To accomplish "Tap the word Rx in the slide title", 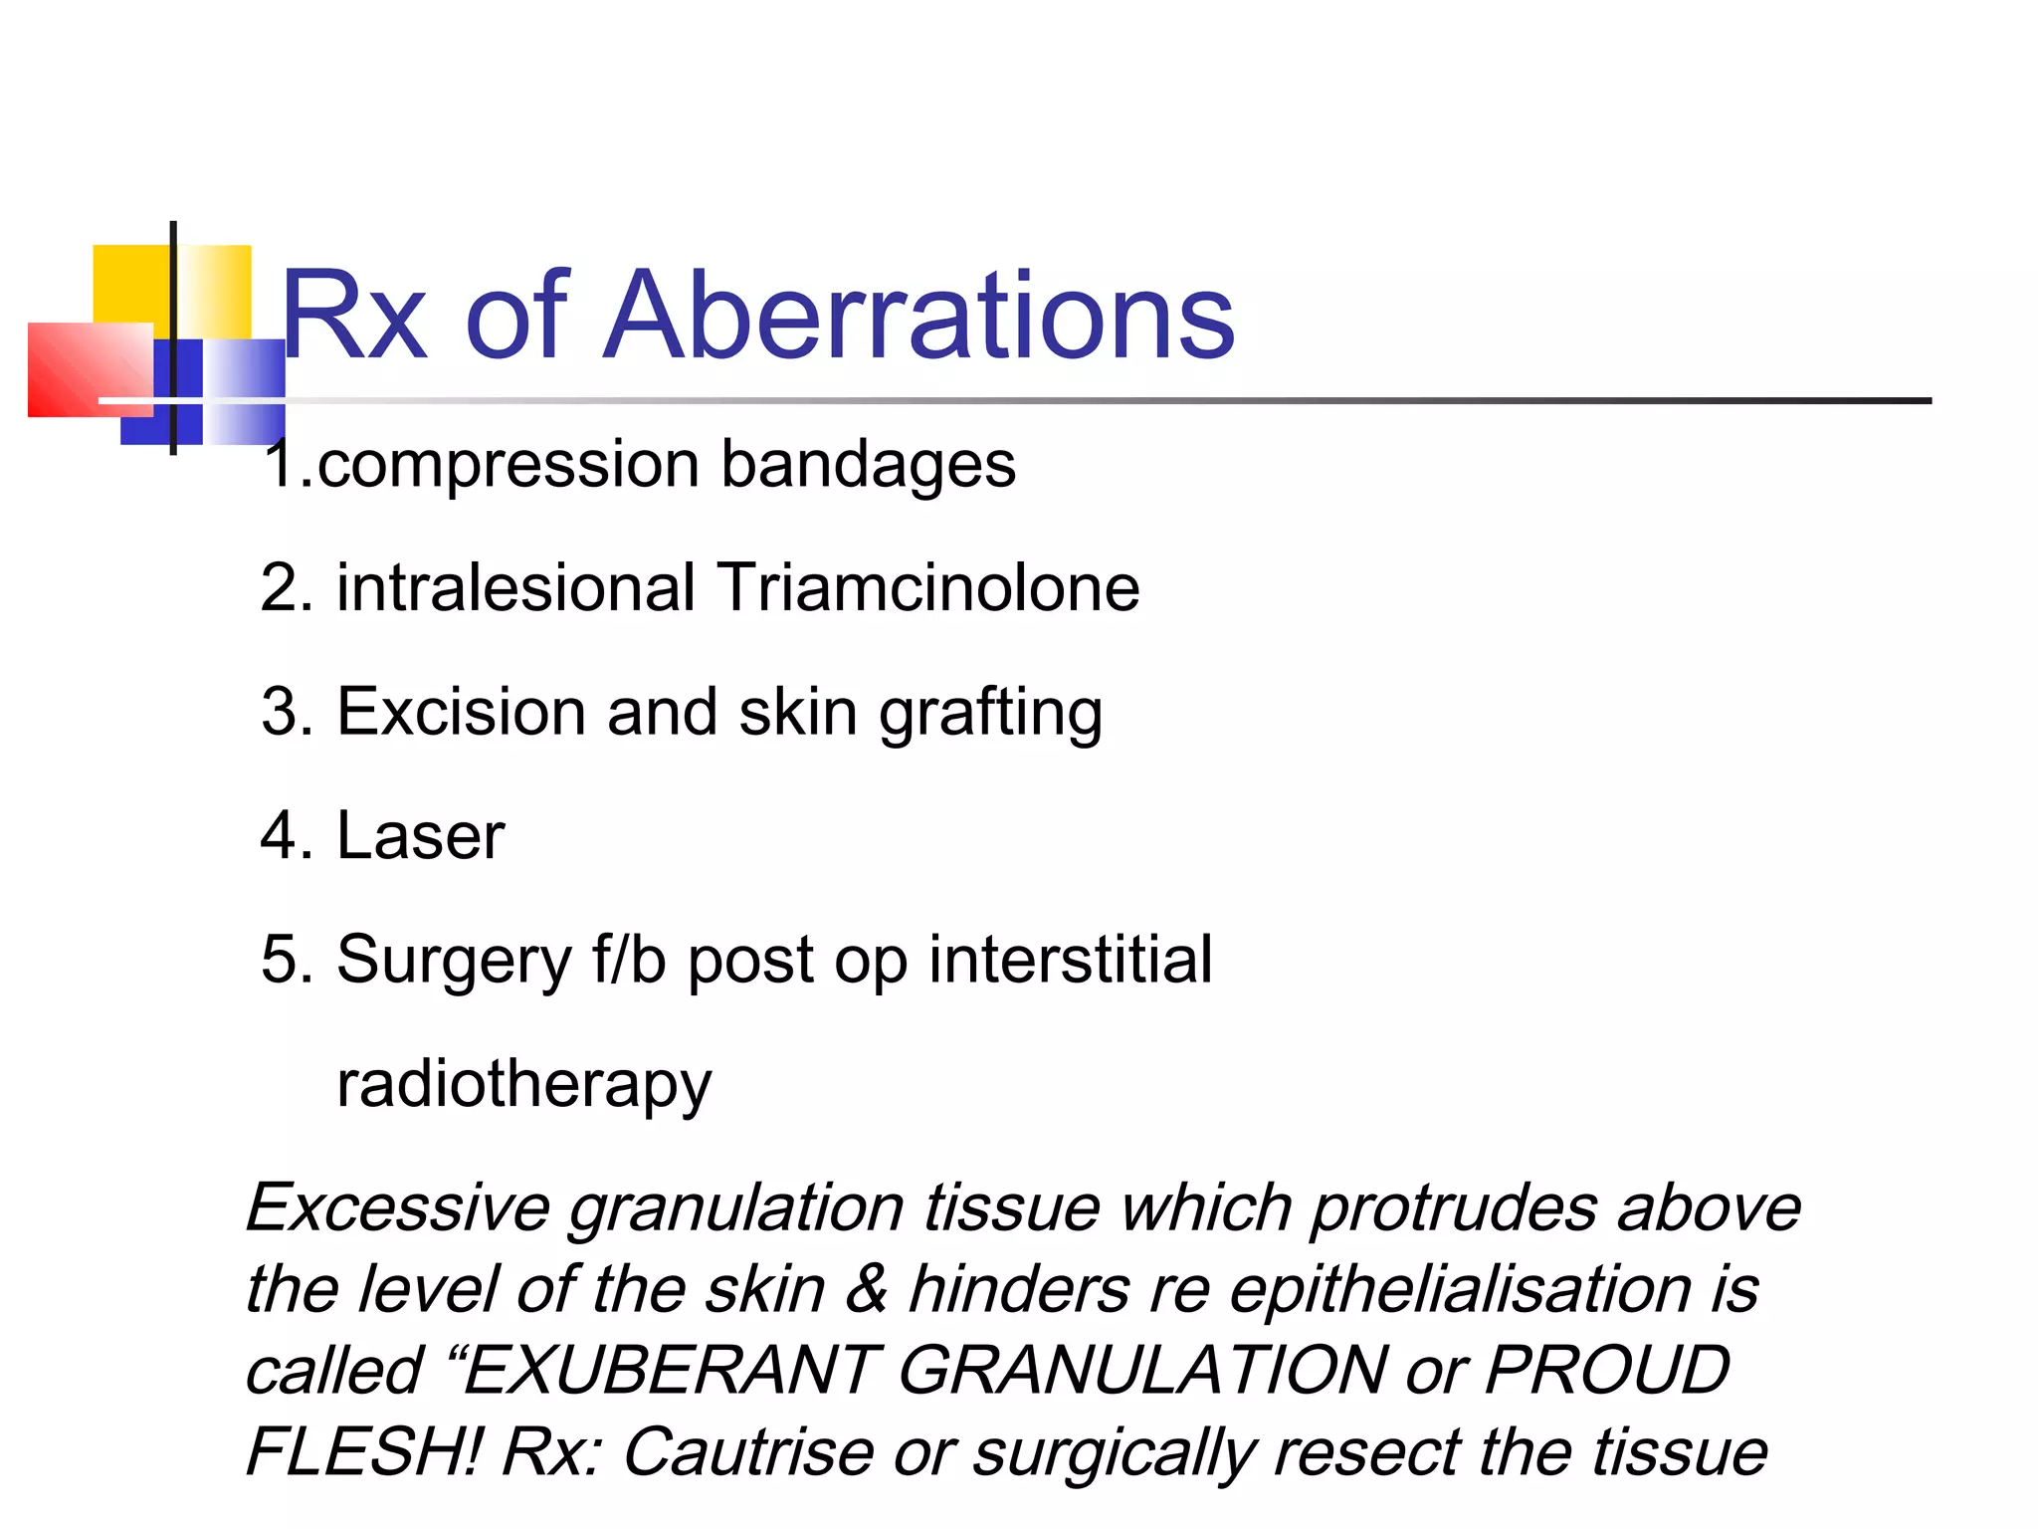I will coord(354,317).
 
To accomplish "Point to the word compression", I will coord(508,466).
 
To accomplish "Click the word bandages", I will coord(868,466).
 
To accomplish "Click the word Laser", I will coord(420,836).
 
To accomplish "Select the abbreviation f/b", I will coord(629,960).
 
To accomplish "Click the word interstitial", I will coord(1071,960).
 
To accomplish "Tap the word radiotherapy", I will coord(524,1085).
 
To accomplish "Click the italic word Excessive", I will coord(397,1208).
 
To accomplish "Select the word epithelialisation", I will coord(1460,1290).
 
